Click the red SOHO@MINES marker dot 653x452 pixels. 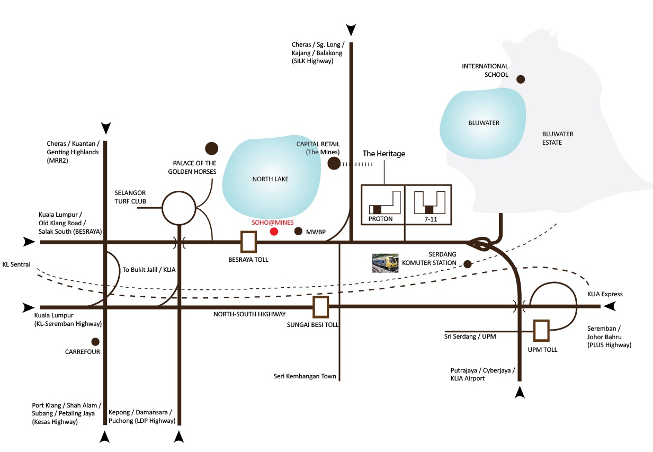point(274,232)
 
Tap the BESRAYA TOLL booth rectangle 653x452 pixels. point(248,242)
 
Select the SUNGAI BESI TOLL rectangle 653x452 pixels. point(320,307)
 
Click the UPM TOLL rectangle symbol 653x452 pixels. point(541,330)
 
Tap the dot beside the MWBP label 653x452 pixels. point(298,232)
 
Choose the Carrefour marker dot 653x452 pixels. point(95,342)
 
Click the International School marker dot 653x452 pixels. point(521,79)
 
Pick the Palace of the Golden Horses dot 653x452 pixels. point(212,148)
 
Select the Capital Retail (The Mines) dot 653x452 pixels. point(334,164)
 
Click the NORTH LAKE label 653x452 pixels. point(271,179)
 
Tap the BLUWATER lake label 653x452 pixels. point(484,123)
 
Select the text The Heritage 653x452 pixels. point(383,154)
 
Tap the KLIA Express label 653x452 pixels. point(605,294)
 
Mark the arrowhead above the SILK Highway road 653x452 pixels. point(351,29)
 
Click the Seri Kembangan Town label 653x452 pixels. point(305,377)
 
